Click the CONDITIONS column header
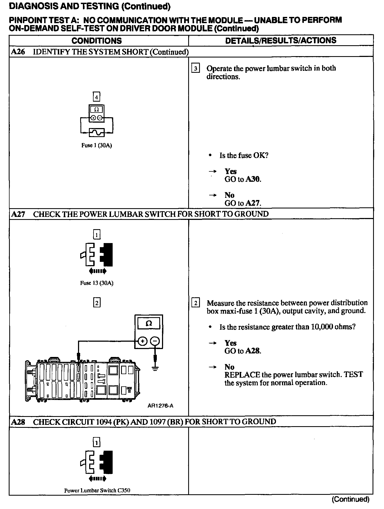pyautogui.click(x=97, y=41)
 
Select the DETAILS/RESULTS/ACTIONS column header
pyautogui.click(x=281, y=41)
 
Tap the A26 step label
pyautogui.click(x=18, y=52)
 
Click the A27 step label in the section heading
pyautogui.click(x=18, y=214)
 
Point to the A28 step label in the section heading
pyautogui.click(x=18, y=422)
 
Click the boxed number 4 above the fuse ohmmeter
pyautogui.click(x=97, y=97)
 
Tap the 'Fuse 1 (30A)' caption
pyautogui.click(x=97, y=145)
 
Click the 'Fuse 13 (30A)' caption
pyautogui.click(x=97, y=283)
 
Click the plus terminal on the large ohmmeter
pyautogui.click(x=143, y=341)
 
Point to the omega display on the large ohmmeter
pyautogui.click(x=149, y=323)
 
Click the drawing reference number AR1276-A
pyautogui.click(x=160, y=406)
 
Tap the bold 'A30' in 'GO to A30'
pyautogui.click(x=253, y=179)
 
